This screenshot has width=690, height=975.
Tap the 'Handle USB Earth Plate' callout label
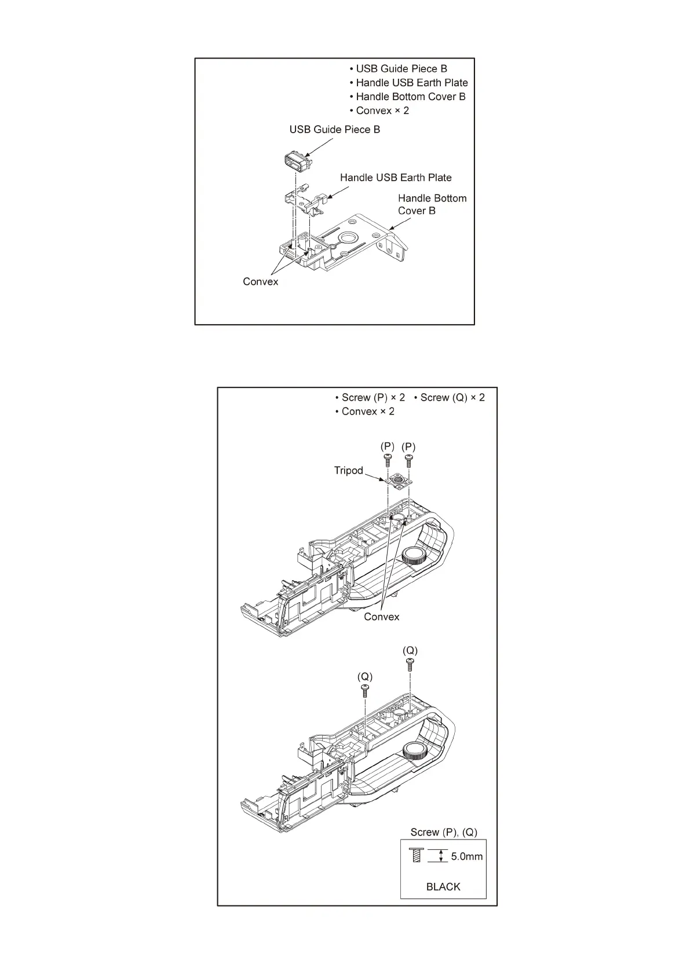[396, 178]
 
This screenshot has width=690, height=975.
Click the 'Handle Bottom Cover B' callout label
[432, 204]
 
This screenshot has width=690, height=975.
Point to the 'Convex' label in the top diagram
[260, 282]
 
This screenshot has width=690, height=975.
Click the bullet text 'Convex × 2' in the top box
[382, 111]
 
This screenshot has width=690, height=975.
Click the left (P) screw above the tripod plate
[387, 460]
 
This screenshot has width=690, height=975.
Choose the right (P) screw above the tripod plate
[408, 460]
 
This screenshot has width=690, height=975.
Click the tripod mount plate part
[398, 480]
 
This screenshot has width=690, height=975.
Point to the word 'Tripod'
[348, 471]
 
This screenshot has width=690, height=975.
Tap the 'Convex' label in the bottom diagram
[381, 617]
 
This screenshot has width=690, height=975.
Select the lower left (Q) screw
[365, 690]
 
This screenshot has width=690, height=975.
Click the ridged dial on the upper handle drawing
[414, 556]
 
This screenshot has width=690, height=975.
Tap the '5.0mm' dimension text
[466, 856]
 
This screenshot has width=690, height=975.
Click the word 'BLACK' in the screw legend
[443, 886]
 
